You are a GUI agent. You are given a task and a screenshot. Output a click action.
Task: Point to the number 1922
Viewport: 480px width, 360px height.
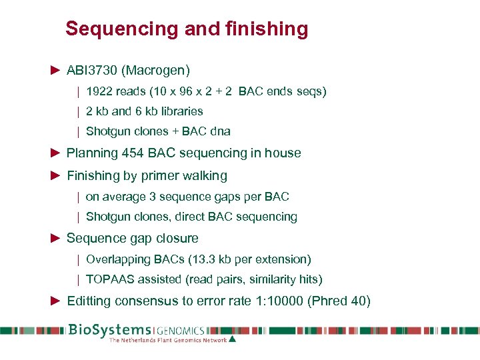click(99, 91)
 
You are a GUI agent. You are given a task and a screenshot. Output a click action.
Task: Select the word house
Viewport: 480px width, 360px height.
click(284, 153)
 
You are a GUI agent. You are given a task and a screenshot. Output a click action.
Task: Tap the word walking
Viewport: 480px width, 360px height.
click(203, 176)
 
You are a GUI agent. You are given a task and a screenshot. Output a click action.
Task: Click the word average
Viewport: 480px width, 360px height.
click(123, 197)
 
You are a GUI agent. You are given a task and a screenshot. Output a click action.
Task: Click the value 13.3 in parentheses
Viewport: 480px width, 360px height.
click(204, 259)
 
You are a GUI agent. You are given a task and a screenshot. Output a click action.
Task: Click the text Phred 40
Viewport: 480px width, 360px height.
click(338, 301)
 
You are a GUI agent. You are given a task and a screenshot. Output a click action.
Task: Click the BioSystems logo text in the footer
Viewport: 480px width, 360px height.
click(110, 330)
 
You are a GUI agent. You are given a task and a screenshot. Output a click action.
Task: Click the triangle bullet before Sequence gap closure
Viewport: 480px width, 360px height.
click(56, 238)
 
